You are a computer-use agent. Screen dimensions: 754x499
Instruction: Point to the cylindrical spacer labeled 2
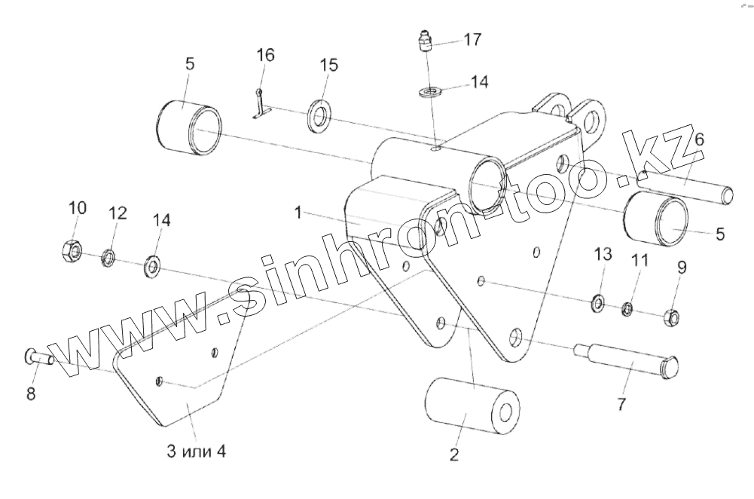[x=473, y=408]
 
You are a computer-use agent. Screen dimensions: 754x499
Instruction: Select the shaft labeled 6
[x=685, y=186]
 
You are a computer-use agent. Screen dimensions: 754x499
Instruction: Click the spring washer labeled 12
[x=108, y=259]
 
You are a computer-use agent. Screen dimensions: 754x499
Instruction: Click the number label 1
[x=298, y=214]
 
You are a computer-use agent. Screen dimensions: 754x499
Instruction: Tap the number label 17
[x=472, y=38]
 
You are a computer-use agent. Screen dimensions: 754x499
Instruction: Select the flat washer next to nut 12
[x=153, y=265]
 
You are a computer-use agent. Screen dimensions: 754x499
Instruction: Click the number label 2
[x=454, y=455]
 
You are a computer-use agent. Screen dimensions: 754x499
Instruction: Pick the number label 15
[x=328, y=65]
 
